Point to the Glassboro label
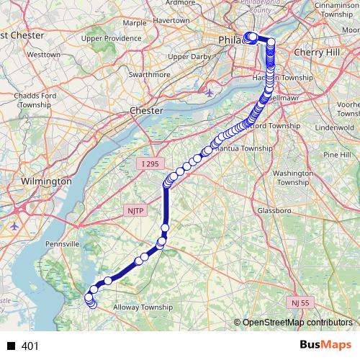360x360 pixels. point(274,211)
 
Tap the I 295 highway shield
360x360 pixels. point(149,164)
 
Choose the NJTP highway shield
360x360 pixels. point(135,210)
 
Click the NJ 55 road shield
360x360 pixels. point(300,302)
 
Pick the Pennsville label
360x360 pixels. point(61,245)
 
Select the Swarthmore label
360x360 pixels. point(127,74)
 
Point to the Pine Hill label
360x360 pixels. point(336,155)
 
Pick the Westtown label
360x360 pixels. point(43,55)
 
